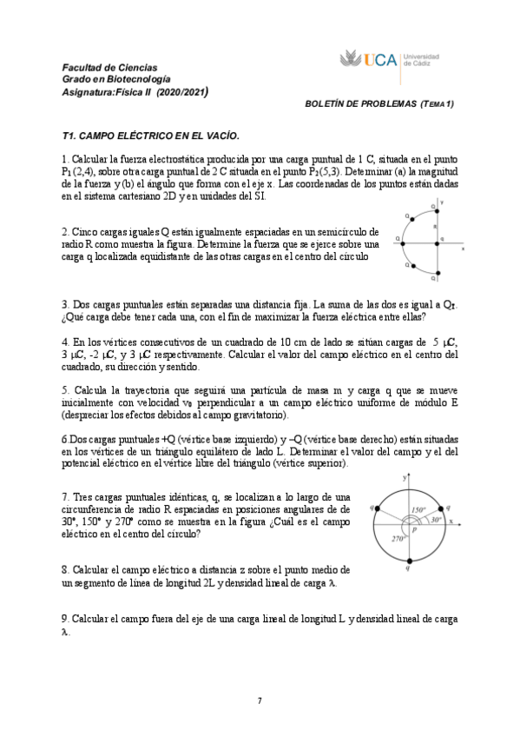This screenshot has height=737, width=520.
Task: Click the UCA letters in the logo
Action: click(381, 60)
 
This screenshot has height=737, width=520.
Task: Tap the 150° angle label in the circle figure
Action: click(419, 509)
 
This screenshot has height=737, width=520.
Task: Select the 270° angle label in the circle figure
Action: click(398, 538)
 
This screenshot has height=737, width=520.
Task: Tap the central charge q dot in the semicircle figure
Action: click(437, 243)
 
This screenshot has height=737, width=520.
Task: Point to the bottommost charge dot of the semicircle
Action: click(437, 280)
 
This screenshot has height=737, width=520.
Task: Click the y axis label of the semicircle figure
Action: click(443, 203)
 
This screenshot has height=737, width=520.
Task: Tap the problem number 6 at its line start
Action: click(65, 441)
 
